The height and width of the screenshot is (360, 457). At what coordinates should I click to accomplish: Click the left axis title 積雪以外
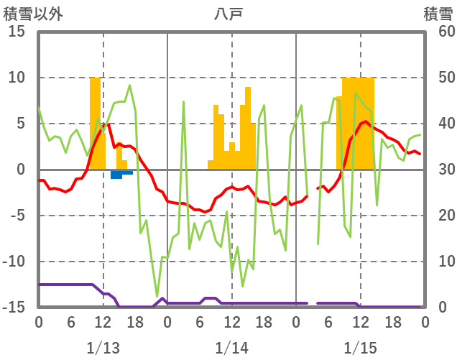tap(29, 14)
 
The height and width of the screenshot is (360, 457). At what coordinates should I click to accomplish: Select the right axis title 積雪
tap(438, 14)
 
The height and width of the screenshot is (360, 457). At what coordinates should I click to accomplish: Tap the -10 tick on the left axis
tap(15, 262)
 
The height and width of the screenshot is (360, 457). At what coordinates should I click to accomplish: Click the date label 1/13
tap(103, 348)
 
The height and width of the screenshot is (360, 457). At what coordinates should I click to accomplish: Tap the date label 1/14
tap(231, 348)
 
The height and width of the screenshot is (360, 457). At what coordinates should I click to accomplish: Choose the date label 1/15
tap(360, 348)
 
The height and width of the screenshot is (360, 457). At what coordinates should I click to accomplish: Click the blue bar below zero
tap(116, 174)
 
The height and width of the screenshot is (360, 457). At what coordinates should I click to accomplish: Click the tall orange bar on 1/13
tap(95, 122)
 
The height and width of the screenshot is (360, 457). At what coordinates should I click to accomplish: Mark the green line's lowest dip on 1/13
tap(157, 296)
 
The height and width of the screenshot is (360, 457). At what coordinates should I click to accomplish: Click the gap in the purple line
tap(313, 303)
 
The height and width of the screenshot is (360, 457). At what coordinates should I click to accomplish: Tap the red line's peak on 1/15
tap(366, 121)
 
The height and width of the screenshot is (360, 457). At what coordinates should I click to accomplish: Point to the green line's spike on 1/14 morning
tap(183, 102)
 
